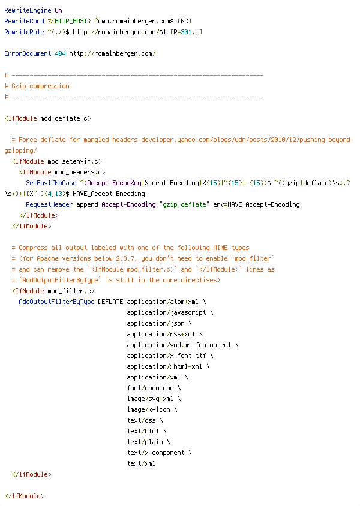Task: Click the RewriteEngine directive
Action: [28, 10]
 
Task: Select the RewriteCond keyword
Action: [24, 22]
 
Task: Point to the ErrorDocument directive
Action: [28, 53]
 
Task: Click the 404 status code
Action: [61, 53]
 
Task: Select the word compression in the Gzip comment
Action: [49, 86]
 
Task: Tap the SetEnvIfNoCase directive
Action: [52, 183]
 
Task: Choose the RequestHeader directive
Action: [49, 204]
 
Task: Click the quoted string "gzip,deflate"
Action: [184, 204]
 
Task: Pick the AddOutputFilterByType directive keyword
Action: [56, 302]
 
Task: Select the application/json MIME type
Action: [155, 323]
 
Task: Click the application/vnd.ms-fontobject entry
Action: [179, 345]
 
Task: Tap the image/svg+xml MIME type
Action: [150, 399]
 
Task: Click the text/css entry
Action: [142, 420]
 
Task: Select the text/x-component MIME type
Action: [155, 453]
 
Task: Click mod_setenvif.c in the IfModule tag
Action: [73, 161]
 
